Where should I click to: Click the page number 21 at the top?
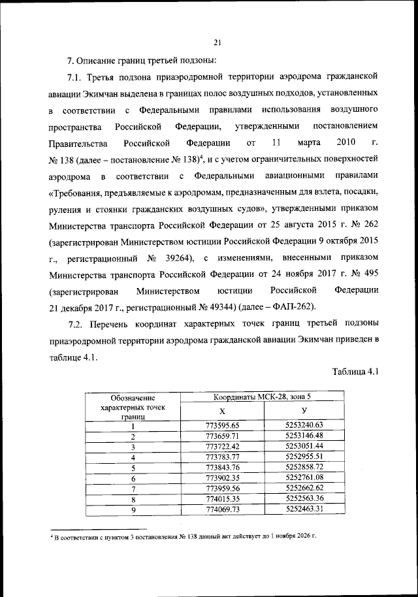[x=217, y=43]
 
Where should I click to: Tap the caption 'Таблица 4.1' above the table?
[x=355, y=372]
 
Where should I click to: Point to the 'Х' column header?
[x=222, y=411]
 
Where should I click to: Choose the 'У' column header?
[x=304, y=411]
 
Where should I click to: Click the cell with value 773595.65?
[x=222, y=426]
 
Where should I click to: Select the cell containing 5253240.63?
[x=304, y=425]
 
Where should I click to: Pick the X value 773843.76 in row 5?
[x=222, y=468]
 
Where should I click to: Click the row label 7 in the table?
[x=133, y=489]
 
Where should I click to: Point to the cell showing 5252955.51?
[x=304, y=457]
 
